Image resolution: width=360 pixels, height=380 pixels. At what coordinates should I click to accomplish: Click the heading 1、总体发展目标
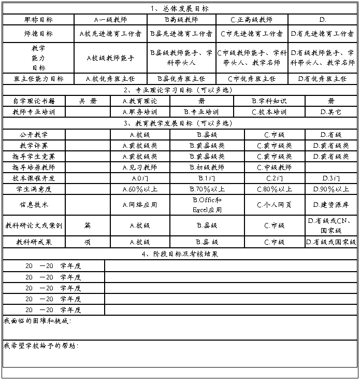tap(180, 9)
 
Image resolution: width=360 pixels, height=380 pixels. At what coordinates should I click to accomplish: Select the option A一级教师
tap(110, 20)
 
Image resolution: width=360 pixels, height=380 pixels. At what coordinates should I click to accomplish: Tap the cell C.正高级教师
tap(251, 20)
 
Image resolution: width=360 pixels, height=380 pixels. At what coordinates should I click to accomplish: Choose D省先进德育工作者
tap(322, 34)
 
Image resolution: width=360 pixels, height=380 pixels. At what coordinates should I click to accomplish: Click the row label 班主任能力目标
tap(38, 79)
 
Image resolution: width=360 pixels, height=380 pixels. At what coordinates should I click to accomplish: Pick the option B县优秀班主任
tap(181, 79)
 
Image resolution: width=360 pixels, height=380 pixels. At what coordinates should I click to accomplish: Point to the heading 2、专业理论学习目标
tap(180, 90)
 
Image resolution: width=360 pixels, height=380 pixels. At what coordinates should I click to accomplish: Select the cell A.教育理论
tap(139, 101)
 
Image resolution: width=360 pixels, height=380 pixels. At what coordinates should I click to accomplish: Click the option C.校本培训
tap(269, 112)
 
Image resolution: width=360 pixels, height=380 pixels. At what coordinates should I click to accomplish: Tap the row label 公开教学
tap(34, 135)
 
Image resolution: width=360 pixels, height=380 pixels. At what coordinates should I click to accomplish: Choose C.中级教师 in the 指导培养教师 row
tap(274, 167)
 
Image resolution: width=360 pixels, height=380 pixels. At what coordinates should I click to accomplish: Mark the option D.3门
tap(330, 178)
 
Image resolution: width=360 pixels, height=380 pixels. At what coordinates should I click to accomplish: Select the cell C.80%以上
tap(274, 189)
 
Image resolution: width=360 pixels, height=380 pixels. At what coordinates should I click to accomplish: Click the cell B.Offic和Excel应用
tap(207, 205)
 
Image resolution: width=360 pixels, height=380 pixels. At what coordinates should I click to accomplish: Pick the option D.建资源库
tap(330, 205)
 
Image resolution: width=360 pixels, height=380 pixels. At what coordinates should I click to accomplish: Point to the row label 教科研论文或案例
tap(34, 226)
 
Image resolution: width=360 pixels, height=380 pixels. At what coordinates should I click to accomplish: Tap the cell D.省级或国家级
tap(330, 242)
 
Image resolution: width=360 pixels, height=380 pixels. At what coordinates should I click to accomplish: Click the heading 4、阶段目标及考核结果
tap(180, 254)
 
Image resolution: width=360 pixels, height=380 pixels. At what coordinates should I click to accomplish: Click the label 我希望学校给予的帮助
tap(41, 345)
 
